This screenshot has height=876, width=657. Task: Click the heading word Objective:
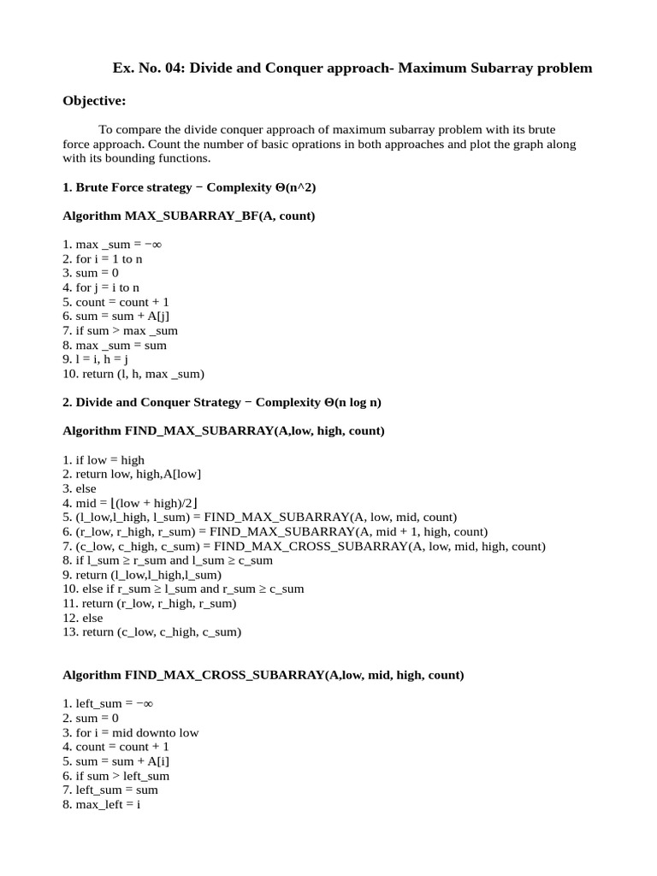pyautogui.click(x=94, y=101)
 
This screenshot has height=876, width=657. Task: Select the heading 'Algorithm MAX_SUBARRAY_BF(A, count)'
pyautogui.click(x=189, y=216)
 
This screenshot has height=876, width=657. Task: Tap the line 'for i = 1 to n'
pyautogui.click(x=108, y=257)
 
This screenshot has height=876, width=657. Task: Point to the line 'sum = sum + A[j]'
pyautogui.click(x=121, y=316)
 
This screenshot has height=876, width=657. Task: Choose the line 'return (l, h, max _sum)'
pyautogui.click(x=133, y=374)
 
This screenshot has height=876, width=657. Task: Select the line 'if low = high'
pyautogui.click(x=104, y=459)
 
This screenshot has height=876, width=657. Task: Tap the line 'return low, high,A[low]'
pyautogui.click(x=132, y=474)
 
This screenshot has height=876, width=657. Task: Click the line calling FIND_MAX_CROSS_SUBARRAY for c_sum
pyautogui.click(x=304, y=546)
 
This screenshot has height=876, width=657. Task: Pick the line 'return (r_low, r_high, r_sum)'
pyautogui.click(x=149, y=603)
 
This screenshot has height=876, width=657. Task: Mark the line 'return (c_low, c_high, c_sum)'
pyautogui.click(x=151, y=632)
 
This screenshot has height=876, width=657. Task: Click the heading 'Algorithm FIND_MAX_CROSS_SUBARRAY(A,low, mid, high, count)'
pyautogui.click(x=263, y=675)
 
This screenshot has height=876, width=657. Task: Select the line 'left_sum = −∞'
pyautogui.click(x=108, y=703)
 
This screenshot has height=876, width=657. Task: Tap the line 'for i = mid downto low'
pyautogui.click(x=130, y=732)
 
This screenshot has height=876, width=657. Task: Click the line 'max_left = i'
pyautogui.click(x=101, y=804)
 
